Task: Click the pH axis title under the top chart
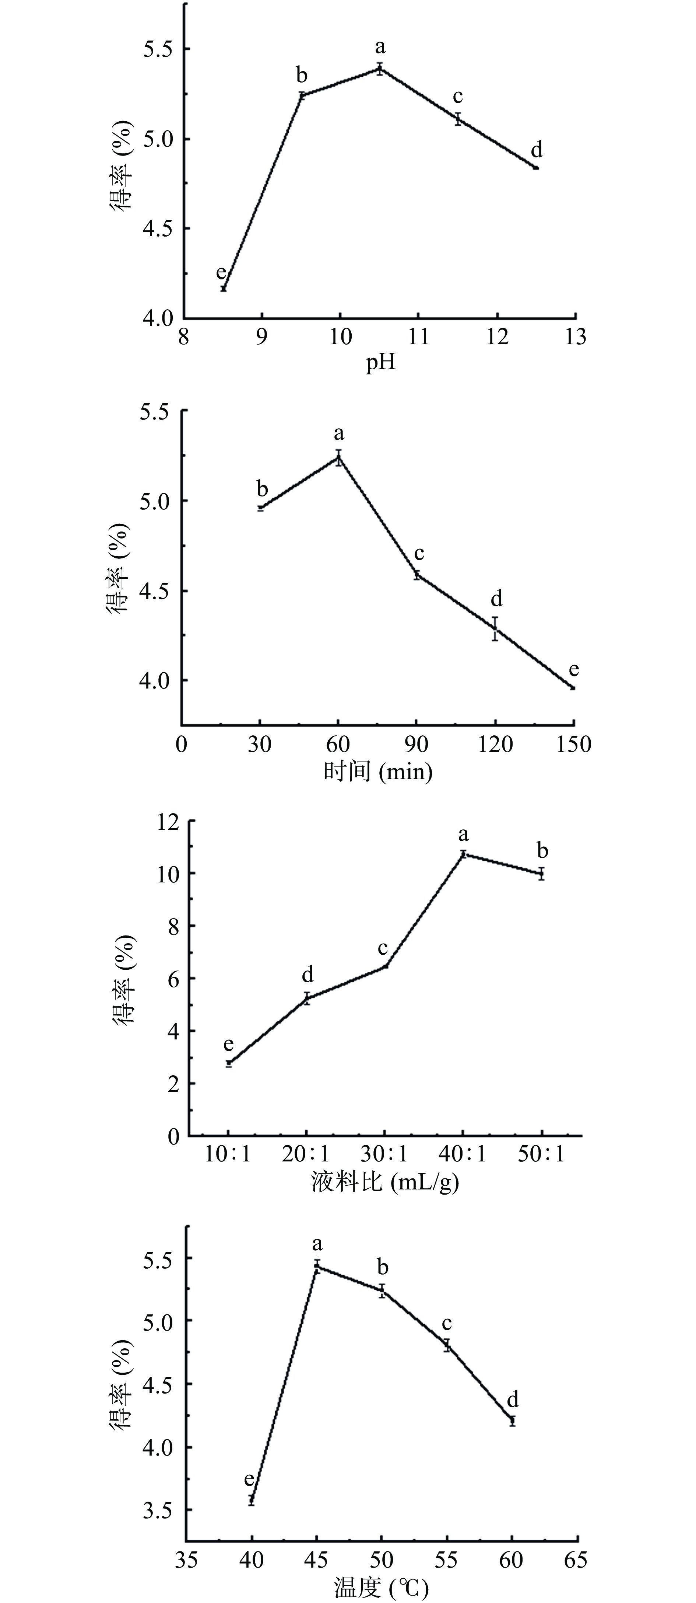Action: (380, 362)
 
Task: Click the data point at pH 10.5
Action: (379, 69)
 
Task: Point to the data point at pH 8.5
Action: (223, 288)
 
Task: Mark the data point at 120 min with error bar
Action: (495, 628)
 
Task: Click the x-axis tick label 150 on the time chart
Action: (573, 744)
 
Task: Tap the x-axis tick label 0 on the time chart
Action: (181, 744)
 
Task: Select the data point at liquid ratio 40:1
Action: (463, 854)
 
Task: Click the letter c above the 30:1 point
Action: (383, 948)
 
